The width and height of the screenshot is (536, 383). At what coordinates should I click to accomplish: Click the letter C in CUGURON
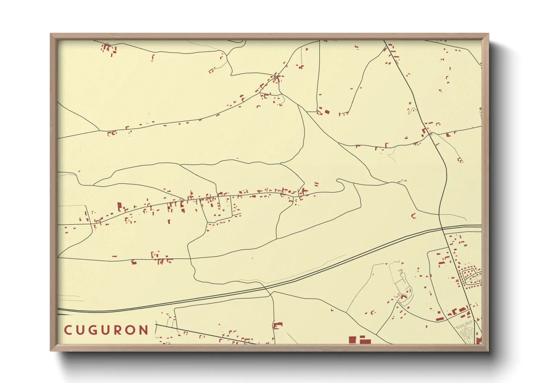(x=68, y=330)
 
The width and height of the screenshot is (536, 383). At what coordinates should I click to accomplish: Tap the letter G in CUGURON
(x=95, y=330)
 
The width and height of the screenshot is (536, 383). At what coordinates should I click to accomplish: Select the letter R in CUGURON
(x=119, y=330)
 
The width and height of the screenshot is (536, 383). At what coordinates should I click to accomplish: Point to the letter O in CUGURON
(x=131, y=330)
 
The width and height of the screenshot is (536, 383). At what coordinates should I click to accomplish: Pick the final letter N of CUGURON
(x=145, y=330)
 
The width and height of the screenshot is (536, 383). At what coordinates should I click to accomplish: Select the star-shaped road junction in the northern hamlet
(x=276, y=77)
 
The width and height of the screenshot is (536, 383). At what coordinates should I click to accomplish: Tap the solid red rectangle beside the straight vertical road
(x=327, y=111)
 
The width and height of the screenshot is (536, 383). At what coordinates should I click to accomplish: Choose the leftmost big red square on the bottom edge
(x=352, y=340)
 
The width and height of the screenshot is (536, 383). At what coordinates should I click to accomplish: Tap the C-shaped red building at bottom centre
(x=277, y=325)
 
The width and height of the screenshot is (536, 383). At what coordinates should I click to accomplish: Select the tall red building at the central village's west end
(x=119, y=207)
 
